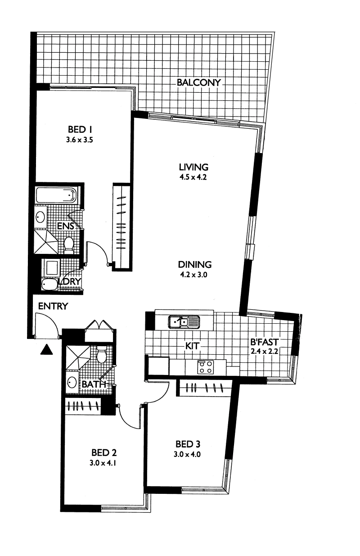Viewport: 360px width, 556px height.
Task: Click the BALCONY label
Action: (198, 82)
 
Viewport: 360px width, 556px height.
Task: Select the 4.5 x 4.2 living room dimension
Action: (193, 177)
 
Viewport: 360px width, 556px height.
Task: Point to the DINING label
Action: (195, 265)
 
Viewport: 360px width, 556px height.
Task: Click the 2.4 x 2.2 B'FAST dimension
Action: (265, 352)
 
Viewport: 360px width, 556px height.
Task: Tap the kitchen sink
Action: (184, 322)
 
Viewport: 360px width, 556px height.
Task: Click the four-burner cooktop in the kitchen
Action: (205, 367)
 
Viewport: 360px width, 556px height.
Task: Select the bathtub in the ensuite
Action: (56, 195)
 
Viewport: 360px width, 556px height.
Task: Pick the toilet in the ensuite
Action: (69, 245)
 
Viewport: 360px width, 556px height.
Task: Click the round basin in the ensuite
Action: (40, 217)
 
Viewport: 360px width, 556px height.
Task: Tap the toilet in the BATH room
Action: (101, 354)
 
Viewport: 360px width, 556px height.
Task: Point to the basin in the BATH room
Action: (72, 383)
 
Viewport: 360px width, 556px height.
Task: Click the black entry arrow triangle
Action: (46, 350)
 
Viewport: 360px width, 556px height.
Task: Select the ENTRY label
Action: (53, 306)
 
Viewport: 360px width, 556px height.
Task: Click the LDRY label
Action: (69, 281)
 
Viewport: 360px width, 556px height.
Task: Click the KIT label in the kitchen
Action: (193, 346)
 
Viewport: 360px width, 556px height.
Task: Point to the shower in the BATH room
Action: (78, 357)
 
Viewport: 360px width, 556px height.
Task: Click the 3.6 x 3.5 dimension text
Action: (79, 140)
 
